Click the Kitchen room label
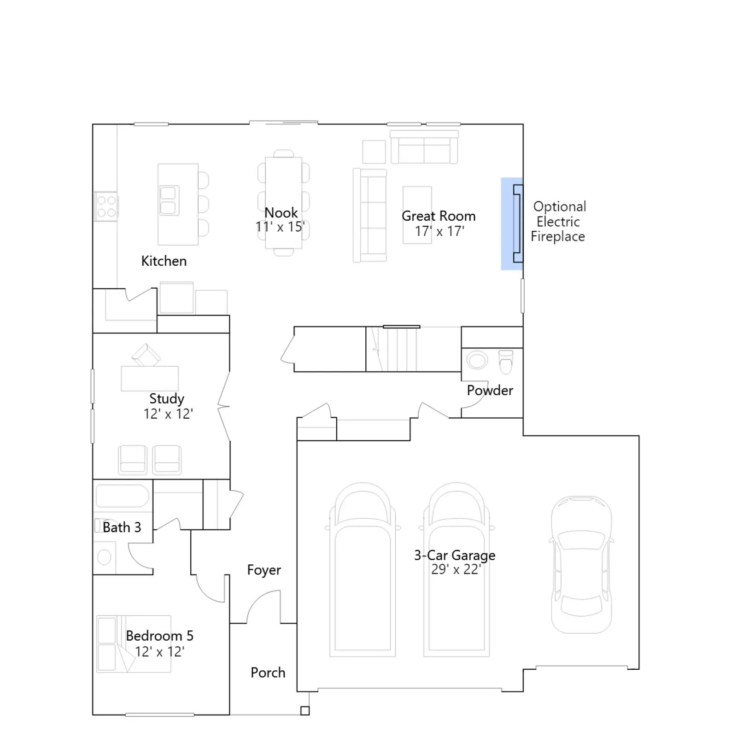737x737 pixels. coord(164,261)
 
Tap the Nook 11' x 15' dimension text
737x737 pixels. coord(280,227)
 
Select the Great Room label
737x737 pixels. coord(439,216)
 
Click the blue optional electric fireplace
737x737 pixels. coord(512,223)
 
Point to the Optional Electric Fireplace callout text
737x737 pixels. coord(558,222)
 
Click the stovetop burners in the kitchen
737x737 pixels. coord(106,206)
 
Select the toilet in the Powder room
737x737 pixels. coord(506,362)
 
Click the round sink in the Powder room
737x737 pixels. coord(477,360)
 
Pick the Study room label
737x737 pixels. coord(167,399)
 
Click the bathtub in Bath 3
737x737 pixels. coord(122,496)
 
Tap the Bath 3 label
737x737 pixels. coord(122,527)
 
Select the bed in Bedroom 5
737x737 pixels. coord(134,644)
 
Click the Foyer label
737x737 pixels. coord(264,570)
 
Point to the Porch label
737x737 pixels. coord(268,673)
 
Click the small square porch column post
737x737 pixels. coord(305,711)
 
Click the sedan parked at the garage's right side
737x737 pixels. coord(582,564)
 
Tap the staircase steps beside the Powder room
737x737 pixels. coord(392,349)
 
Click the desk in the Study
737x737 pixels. coord(150,379)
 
